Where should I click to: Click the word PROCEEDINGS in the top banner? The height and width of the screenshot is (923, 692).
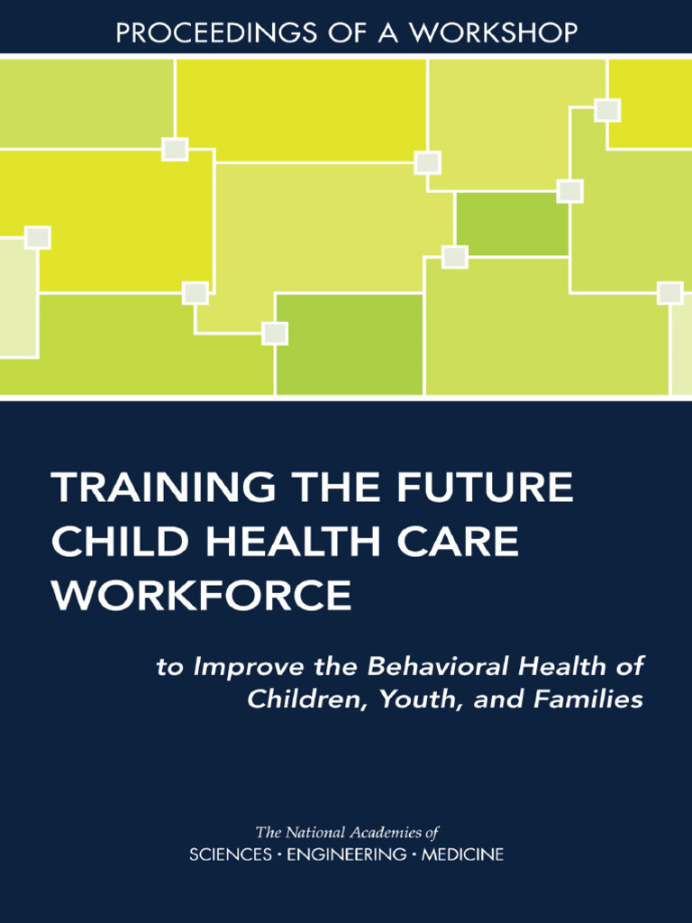196,33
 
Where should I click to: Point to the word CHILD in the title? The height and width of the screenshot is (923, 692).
110,542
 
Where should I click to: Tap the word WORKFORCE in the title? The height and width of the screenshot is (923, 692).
202,595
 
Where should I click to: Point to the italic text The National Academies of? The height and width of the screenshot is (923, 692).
347,833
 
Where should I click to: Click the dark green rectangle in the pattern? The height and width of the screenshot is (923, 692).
512,224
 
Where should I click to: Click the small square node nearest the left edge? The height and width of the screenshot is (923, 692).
38,238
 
